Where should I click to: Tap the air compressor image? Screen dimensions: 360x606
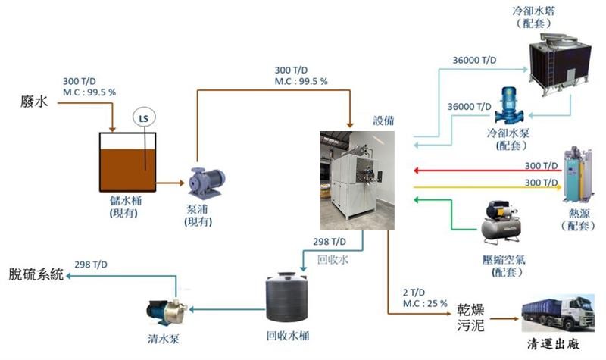[x=501, y=224]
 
